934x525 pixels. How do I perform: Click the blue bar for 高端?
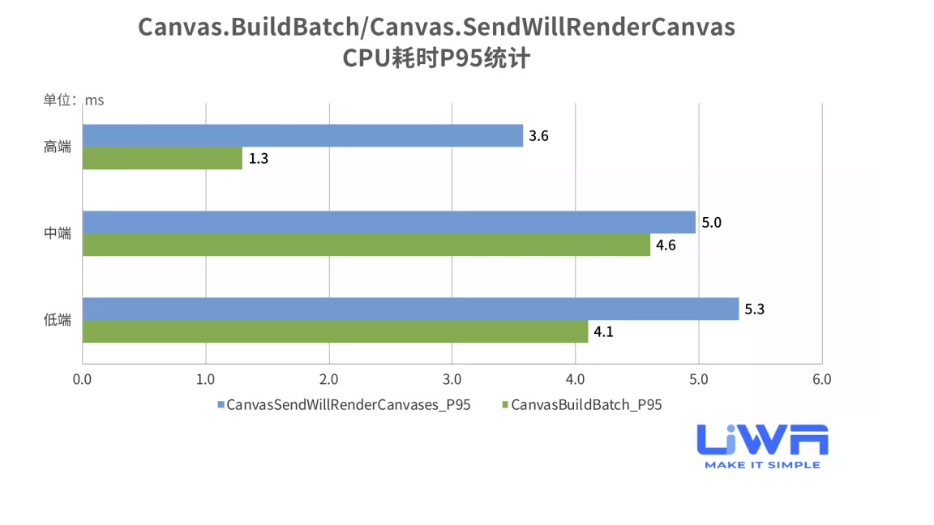(302, 135)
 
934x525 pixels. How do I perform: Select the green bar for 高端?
(162, 158)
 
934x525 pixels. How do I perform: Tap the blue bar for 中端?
(389, 222)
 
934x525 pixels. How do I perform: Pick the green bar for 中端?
(366, 245)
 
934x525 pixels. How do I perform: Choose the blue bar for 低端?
(410, 309)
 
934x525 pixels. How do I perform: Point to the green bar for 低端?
(335, 331)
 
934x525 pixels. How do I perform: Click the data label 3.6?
(539, 136)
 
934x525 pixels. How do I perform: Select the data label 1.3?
(259, 159)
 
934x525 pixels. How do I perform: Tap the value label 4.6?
(666, 245)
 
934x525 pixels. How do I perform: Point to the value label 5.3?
(755, 309)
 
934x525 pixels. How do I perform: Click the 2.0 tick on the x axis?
(329, 379)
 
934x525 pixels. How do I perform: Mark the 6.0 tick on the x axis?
(822, 379)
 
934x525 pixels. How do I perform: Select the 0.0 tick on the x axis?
(82, 379)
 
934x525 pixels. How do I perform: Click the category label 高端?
(58, 147)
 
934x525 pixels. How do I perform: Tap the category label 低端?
(58, 320)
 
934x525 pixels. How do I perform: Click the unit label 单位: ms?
(74, 100)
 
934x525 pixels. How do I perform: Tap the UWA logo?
(762, 446)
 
